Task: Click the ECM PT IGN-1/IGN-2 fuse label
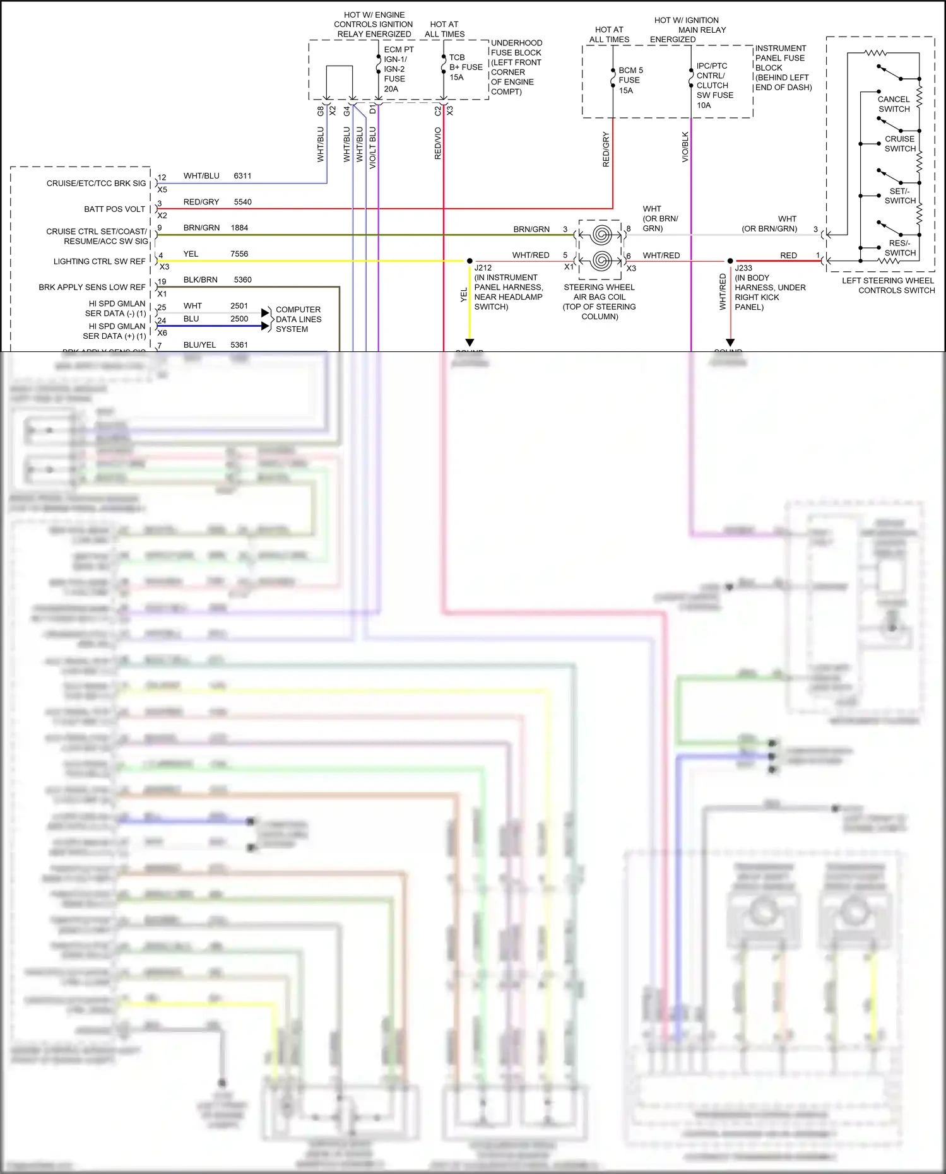tap(398, 69)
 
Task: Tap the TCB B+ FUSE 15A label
tap(465, 67)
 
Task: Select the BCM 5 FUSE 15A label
tap(630, 80)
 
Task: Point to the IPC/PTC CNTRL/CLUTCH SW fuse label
tap(714, 85)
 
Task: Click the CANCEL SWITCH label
tap(894, 104)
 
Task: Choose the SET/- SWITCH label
tap(899, 196)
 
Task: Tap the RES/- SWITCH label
tap(899, 248)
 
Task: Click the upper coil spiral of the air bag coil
tap(601, 235)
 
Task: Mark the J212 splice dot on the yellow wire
tap(470, 261)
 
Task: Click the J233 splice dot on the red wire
tap(730, 261)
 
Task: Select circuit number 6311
tap(242, 176)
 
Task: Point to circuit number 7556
tap(239, 254)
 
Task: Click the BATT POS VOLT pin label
tap(114, 209)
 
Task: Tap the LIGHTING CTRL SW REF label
tap(99, 261)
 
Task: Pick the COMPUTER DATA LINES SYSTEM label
tap(298, 319)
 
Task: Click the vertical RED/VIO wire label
tap(437, 143)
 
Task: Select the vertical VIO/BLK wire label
tap(685, 147)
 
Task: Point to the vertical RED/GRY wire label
tap(606, 149)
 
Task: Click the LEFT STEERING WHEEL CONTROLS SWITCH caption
tap(887, 285)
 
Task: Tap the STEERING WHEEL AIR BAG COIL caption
tap(599, 302)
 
